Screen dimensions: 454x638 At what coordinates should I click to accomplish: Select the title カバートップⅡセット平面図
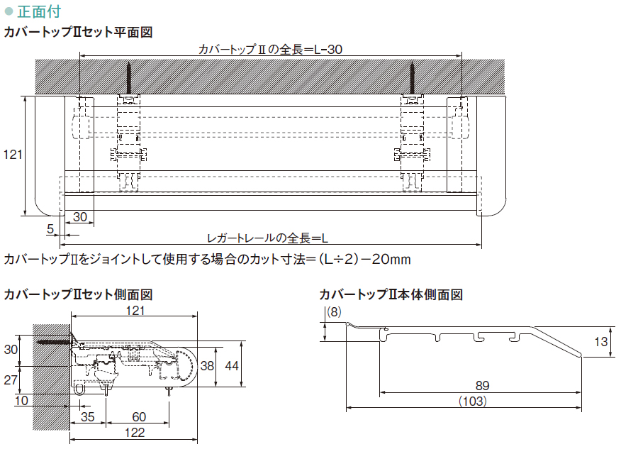point(78,33)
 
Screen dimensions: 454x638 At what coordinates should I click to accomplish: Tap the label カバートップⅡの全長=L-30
point(271,49)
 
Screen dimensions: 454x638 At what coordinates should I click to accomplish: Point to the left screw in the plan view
point(130,79)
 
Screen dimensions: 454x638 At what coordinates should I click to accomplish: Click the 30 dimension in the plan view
point(80,216)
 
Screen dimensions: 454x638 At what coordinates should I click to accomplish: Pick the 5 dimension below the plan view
point(50,228)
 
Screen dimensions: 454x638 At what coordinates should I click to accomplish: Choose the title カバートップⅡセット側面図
point(78,294)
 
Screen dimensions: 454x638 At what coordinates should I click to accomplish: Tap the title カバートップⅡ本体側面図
point(391,294)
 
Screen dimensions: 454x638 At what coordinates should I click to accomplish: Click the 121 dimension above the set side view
point(135,311)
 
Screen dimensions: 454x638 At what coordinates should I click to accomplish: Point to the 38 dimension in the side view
point(206,366)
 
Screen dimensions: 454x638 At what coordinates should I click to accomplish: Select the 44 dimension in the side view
point(231,366)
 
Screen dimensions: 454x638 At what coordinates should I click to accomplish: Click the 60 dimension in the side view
point(139,416)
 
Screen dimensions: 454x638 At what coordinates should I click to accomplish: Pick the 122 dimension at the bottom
point(134,432)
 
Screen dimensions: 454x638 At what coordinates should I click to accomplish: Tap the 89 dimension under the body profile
point(482,386)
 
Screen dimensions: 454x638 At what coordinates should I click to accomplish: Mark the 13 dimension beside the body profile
point(601,341)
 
